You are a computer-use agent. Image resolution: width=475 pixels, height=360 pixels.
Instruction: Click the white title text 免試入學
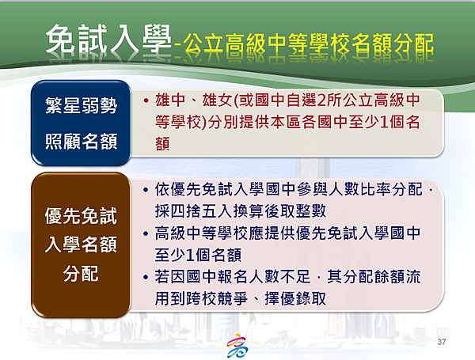[109, 40]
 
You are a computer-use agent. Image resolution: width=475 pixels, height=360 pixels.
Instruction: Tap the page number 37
[442, 342]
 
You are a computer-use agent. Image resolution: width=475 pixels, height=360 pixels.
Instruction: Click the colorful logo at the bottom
[237, 346]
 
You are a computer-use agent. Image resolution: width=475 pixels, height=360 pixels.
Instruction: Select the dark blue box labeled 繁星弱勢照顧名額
[82, 123]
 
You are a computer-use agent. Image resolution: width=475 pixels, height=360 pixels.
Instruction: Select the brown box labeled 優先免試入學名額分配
[82, 245]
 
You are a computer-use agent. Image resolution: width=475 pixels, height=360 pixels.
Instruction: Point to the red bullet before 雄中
[146, 100]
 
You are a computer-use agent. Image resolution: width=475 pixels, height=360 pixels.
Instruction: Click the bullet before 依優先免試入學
[146, 190]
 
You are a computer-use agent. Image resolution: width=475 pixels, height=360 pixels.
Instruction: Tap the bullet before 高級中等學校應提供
[146, 233]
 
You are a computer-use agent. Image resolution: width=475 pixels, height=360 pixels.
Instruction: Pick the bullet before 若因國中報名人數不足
[146, 277]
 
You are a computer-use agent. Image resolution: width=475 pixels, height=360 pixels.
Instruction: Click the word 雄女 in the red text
[217, 100]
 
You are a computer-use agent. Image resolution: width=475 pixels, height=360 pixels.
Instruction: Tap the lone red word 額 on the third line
[162, 143]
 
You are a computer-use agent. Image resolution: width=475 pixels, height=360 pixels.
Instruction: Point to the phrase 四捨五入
[202, 211]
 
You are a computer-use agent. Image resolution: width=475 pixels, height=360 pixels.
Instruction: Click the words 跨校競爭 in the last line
[218, 298]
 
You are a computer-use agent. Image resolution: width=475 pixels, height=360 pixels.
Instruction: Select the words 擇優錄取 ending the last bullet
[295, 298]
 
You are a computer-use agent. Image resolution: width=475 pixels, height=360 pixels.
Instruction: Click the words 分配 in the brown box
[81, 274]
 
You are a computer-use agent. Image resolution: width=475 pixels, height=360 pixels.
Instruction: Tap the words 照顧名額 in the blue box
[82, 141]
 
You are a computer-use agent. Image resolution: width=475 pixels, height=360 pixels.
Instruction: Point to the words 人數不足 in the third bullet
[279, 276]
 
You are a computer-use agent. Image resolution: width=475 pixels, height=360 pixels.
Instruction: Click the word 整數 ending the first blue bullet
[311, 211]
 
